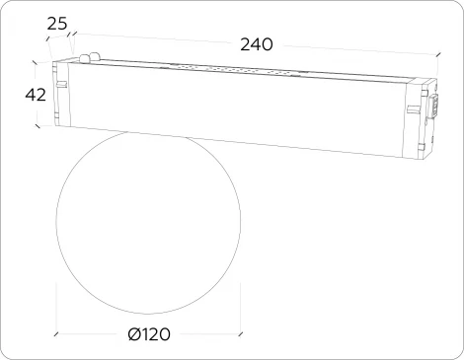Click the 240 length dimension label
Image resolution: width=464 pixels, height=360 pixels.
(x=256, y=44)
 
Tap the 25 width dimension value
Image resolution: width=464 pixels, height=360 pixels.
(x=57, y=22)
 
